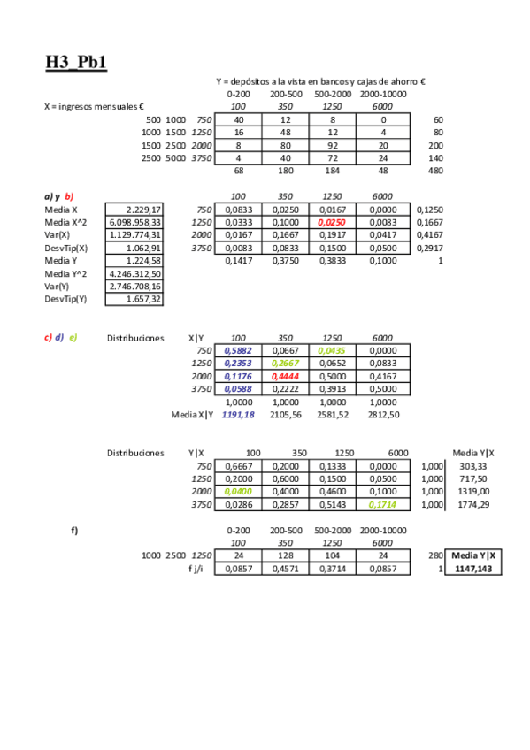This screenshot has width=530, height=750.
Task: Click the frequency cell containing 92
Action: tap(332, 145)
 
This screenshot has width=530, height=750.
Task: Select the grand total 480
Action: tap(435, 171)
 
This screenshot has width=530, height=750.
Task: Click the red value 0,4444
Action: tap(285, 376)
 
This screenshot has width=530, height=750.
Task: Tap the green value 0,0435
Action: tap(332, 350)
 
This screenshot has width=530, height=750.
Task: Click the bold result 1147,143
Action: tap(475, 569)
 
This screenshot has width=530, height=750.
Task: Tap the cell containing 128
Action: tap(285, 555)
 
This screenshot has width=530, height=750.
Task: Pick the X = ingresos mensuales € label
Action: tap(94, 106)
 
